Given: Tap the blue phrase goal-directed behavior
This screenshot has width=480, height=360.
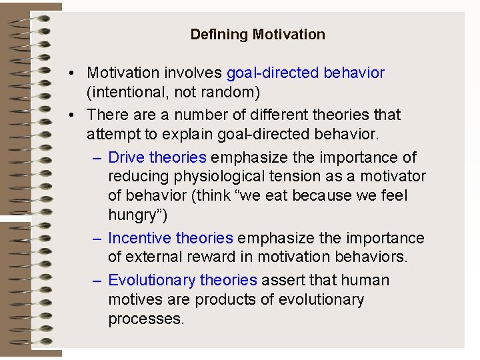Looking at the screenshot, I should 305,72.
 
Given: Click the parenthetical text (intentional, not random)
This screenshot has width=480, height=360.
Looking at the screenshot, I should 173,91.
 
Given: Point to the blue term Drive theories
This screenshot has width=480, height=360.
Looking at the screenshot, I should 157,157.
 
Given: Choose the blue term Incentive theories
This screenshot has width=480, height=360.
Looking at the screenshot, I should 170,238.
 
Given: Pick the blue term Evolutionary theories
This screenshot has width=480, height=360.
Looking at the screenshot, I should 182,280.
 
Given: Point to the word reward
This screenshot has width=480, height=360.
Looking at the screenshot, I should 207,257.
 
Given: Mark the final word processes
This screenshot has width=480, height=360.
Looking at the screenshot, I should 145,319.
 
